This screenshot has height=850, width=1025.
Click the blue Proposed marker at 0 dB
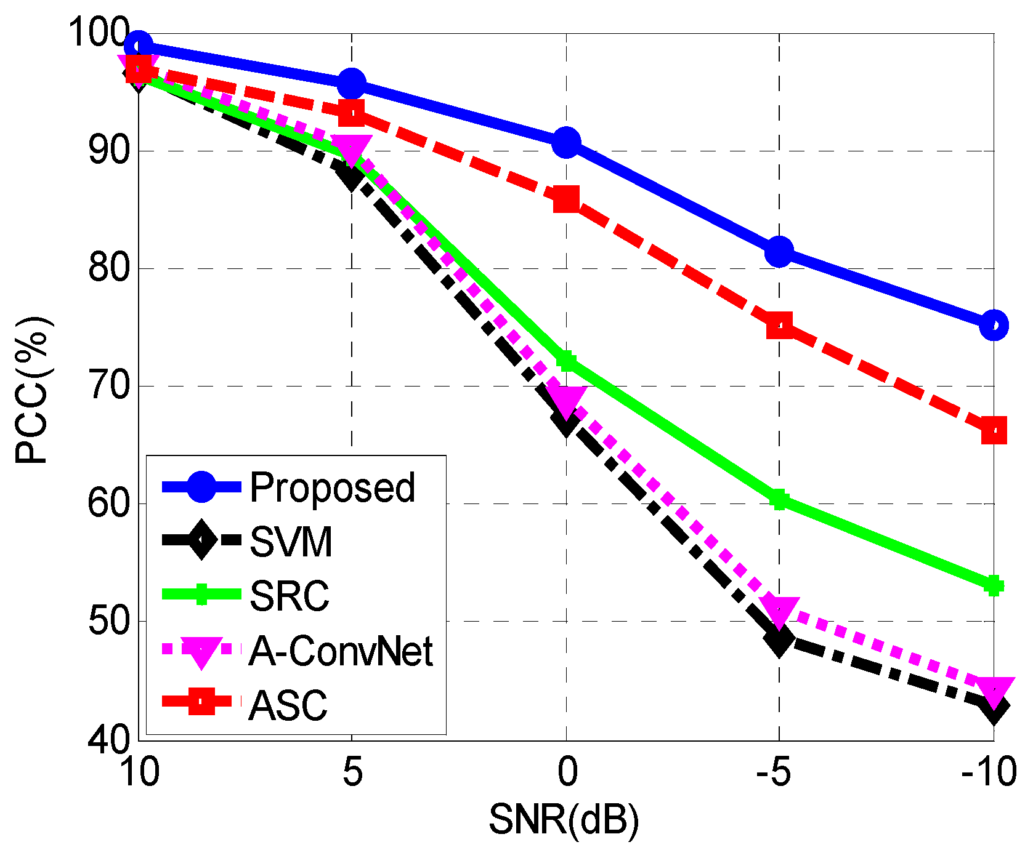point(565,143)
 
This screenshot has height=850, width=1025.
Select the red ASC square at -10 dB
point(993,430)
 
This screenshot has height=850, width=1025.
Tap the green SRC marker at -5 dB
point(779,500)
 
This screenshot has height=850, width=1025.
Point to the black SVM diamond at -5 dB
point(779,642)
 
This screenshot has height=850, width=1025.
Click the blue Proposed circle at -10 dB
point(993,325)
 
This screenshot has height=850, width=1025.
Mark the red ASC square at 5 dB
point(352,113)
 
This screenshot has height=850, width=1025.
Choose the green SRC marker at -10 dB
point(993,586)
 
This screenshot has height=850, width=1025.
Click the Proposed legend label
point(333,488)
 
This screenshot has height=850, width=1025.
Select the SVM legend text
point(291,542)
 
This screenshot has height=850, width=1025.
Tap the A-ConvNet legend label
point(341,651)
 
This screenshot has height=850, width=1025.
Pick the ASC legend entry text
point(288,705)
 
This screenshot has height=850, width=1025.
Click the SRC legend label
point(290,596)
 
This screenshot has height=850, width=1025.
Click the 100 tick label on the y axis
point(99,33)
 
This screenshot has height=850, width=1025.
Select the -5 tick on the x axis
point(773,772)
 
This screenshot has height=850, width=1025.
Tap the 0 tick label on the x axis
point(567,772)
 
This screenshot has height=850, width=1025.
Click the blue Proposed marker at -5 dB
point(779,252)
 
